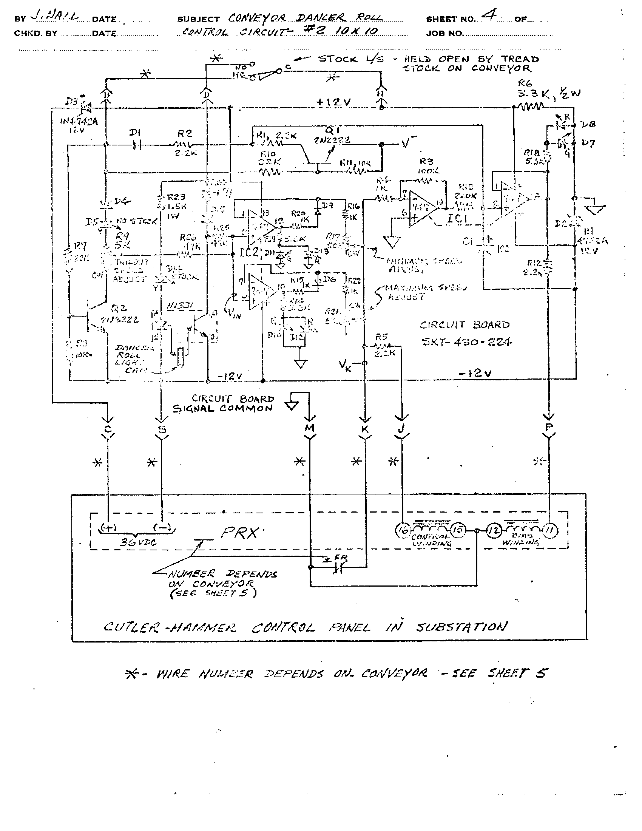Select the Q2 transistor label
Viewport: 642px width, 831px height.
click(119, 308)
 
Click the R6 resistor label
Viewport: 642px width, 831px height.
click(525, 83)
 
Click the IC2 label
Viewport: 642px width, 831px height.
click(249, 252)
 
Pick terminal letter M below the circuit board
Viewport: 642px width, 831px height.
click(310, 428)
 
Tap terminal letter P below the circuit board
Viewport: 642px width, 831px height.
click(549, 428)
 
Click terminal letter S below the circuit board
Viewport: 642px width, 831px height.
click(162, 429)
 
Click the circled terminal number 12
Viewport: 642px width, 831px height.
click(494, 530)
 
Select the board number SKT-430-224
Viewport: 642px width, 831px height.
click(466, 342)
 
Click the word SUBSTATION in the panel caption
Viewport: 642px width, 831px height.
click(461, 627)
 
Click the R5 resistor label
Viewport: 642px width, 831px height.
click(381, 337)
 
